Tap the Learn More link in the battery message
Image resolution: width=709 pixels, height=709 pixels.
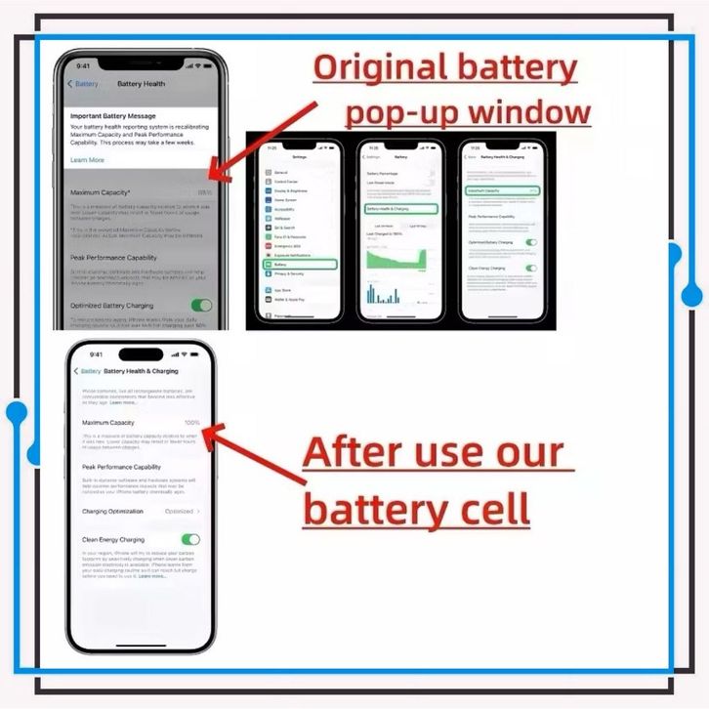tap(87, 160)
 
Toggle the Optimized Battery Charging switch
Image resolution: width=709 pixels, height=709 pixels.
tap(201, 306)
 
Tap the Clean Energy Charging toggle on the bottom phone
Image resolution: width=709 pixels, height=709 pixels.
tap(190, 539)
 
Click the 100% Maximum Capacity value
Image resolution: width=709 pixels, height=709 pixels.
tap(190, 423)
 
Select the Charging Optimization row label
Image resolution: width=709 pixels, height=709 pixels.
tap(112, 511)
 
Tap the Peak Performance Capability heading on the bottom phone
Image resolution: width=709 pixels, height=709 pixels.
tap(122, 467)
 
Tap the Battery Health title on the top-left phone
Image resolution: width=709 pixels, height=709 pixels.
tap(142, 84)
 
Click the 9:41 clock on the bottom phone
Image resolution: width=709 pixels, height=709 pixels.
tap(96, 354)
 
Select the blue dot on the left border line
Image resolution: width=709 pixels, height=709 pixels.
tap(15, 412)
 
